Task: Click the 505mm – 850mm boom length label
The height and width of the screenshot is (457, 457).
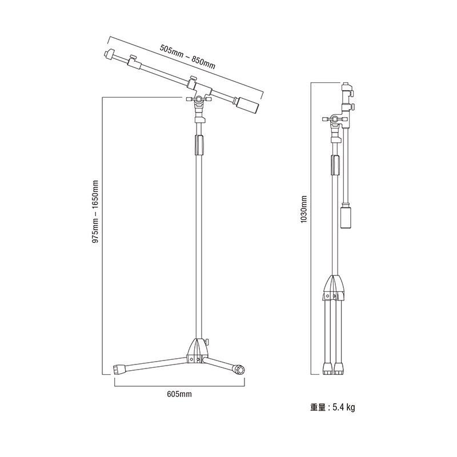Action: (x=187, y=57)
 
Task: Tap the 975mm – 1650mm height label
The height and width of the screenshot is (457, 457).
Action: (x=95, y=211)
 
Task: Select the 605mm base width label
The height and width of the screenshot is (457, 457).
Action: (x=179, y=394)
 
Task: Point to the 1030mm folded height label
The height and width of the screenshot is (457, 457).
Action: (x=304, y=209)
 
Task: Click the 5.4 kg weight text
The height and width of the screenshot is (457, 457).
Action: (x=344, y=407)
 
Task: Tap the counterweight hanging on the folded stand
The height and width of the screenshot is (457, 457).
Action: (x=346, y=217)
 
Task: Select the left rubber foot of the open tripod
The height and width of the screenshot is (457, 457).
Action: (x=119, y=368)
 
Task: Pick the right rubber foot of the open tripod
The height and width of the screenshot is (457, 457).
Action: (x=238, y=369)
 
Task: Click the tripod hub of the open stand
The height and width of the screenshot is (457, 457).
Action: (x=198, y=351)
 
